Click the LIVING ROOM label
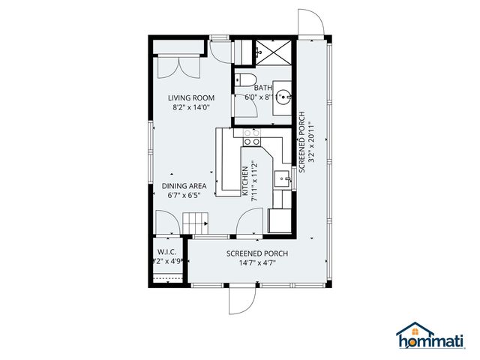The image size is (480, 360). (x=190, y=97)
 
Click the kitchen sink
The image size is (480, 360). (x=282, y=178)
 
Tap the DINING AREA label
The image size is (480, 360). (x=184, y=186)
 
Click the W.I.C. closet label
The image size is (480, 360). (x=166, y=252)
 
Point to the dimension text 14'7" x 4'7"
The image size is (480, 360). (x=257, y=263)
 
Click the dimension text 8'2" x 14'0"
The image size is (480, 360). (x=190, y=107)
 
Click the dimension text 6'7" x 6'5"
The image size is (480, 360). (x=184, y=196)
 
